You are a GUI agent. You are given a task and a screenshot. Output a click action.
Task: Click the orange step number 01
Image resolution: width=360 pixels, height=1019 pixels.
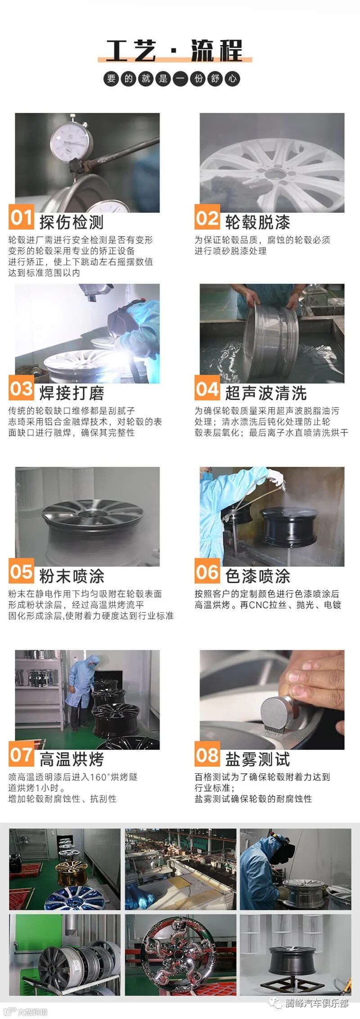pyautogui.click(x=21, y=217)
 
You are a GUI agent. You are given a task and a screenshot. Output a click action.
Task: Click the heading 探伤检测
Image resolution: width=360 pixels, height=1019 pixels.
pyautogui.click(x=72, y=222)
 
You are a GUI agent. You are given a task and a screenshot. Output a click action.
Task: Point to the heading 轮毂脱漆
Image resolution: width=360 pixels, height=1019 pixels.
pyautogui.click(x=257, y=222)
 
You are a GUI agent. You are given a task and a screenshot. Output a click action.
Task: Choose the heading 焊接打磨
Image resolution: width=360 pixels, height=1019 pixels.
pyautogui.click(x=72, y=393)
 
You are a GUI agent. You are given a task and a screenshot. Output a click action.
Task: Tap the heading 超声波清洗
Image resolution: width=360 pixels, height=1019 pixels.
pyautogui.click(x=266, y=393)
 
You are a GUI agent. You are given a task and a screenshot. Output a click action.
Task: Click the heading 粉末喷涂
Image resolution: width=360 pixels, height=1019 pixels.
pyautogui.click(x=72, y=576)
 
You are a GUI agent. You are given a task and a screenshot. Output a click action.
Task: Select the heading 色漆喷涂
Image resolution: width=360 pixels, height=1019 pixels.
pyautogui.click(x=257, y=576)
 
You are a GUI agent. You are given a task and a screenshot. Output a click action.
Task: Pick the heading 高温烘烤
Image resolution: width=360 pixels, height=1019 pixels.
pyautogui.click(x=72, y=759)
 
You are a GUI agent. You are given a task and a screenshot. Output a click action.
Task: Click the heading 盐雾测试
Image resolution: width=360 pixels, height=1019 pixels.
pyautogui.click(x=257, y=759)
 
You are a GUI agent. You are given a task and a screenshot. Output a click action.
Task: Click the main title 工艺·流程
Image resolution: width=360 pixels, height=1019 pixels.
pyautogui.click(x=175, y=50)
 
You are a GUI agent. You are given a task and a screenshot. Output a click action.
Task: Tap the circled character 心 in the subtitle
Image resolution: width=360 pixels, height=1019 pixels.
pyautogui.click(x=232, y=79)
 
